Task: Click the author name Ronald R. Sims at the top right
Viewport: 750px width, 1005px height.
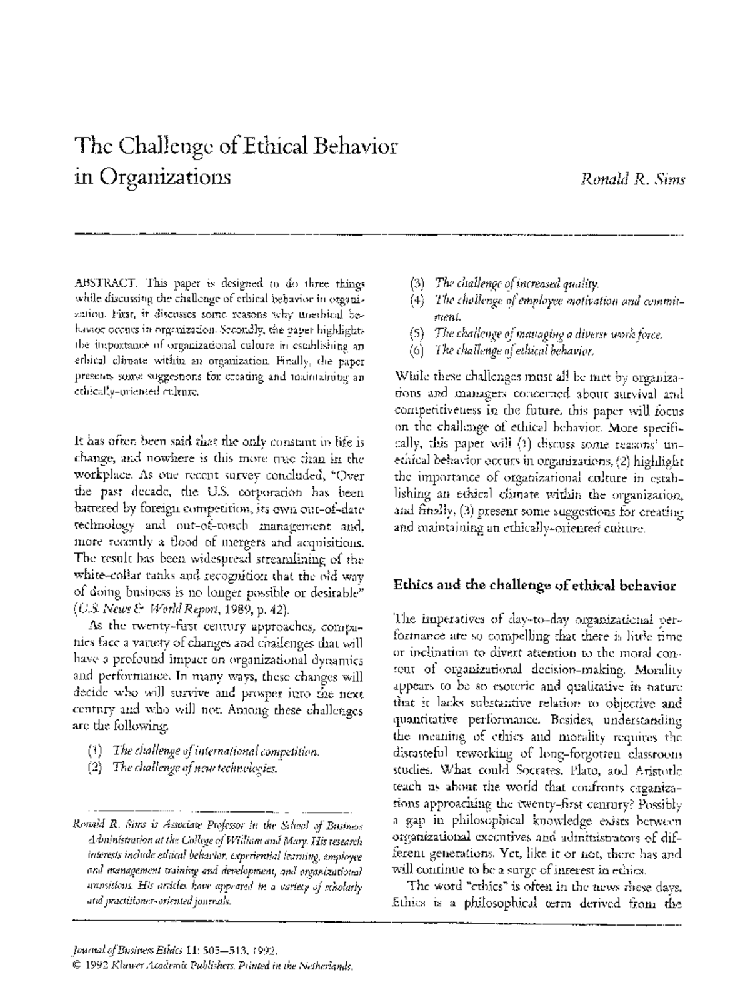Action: (632, 179)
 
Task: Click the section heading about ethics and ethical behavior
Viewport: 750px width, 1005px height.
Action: (534, 586)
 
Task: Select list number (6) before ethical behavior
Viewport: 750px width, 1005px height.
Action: (417, 351)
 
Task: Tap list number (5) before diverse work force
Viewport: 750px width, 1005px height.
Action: (417, 334)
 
